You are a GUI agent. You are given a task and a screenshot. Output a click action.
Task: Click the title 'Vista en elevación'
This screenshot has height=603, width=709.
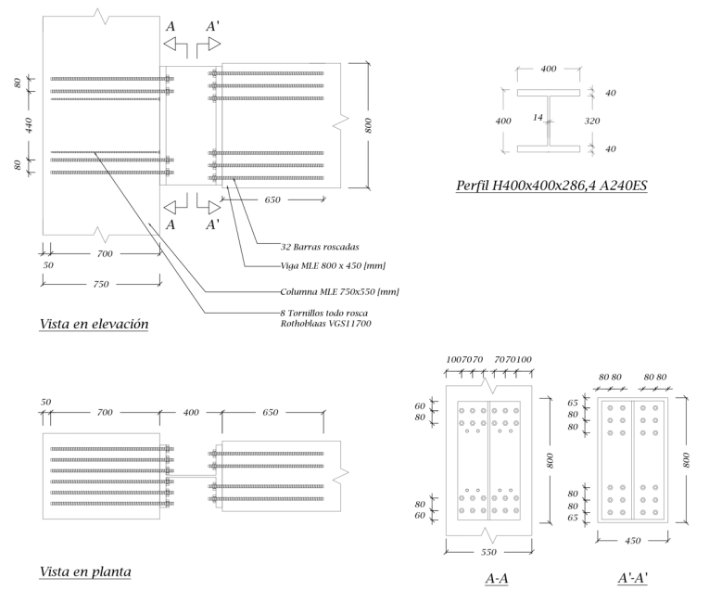94,325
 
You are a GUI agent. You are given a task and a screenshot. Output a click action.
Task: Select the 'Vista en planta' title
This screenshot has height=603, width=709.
84,572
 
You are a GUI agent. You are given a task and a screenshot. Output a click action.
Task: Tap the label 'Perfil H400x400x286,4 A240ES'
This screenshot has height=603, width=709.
551,186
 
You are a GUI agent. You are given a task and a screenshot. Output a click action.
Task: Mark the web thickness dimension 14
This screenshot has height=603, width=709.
538,118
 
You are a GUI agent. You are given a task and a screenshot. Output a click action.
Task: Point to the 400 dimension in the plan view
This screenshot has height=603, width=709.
191,411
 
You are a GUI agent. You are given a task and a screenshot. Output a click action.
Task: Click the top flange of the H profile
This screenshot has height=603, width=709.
549,94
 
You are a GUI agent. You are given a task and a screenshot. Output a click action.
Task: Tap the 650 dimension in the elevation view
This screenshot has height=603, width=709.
272,199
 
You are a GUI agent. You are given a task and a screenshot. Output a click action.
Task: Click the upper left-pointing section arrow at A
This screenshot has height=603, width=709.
176,45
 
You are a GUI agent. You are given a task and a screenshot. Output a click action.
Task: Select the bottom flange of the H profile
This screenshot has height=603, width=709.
549,148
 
